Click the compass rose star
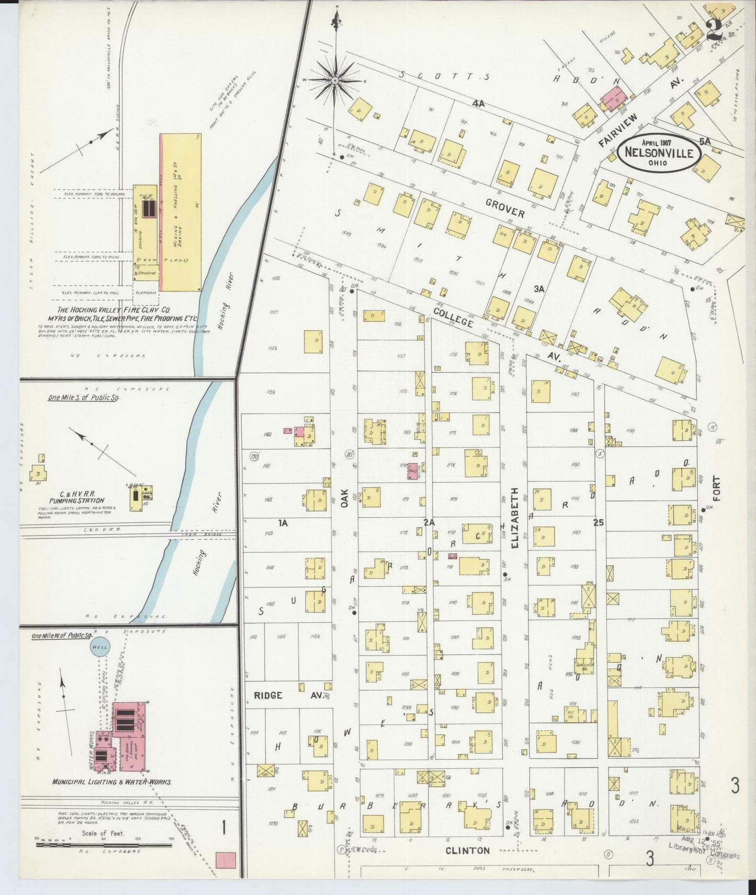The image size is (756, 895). [335, 80]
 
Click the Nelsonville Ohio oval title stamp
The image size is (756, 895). [659, 152]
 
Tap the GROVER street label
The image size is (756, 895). [504, 208]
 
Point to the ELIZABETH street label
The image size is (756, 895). [515, 518]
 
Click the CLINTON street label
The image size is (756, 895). [467, 851]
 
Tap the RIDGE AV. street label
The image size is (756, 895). [288, 695]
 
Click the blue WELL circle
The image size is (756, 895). [99, 647]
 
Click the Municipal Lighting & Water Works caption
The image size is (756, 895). [111, 782]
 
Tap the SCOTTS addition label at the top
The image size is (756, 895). [444, 76]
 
